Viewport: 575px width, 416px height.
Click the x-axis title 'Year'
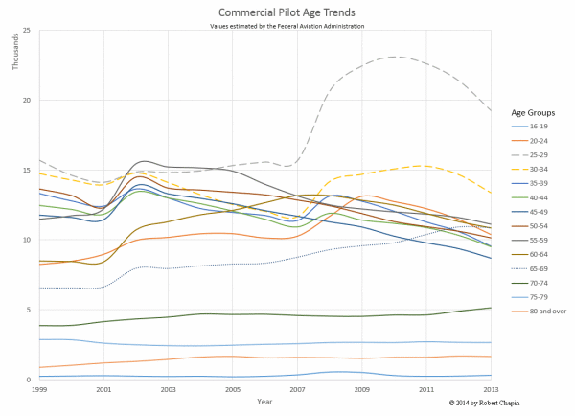coord(264,401)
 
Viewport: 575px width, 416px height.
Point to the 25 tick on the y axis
coord(29,31)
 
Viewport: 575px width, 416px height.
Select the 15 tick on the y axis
coord(29,171)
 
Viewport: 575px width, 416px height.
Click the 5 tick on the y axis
coord(31,310)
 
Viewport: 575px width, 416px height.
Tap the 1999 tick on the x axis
coord(37,390)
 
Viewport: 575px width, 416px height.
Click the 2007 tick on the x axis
coord(297,390)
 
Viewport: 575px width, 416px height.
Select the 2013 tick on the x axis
coord(491,390)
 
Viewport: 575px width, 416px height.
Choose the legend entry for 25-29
coord(543,154)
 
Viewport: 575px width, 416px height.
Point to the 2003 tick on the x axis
coord(168,390)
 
